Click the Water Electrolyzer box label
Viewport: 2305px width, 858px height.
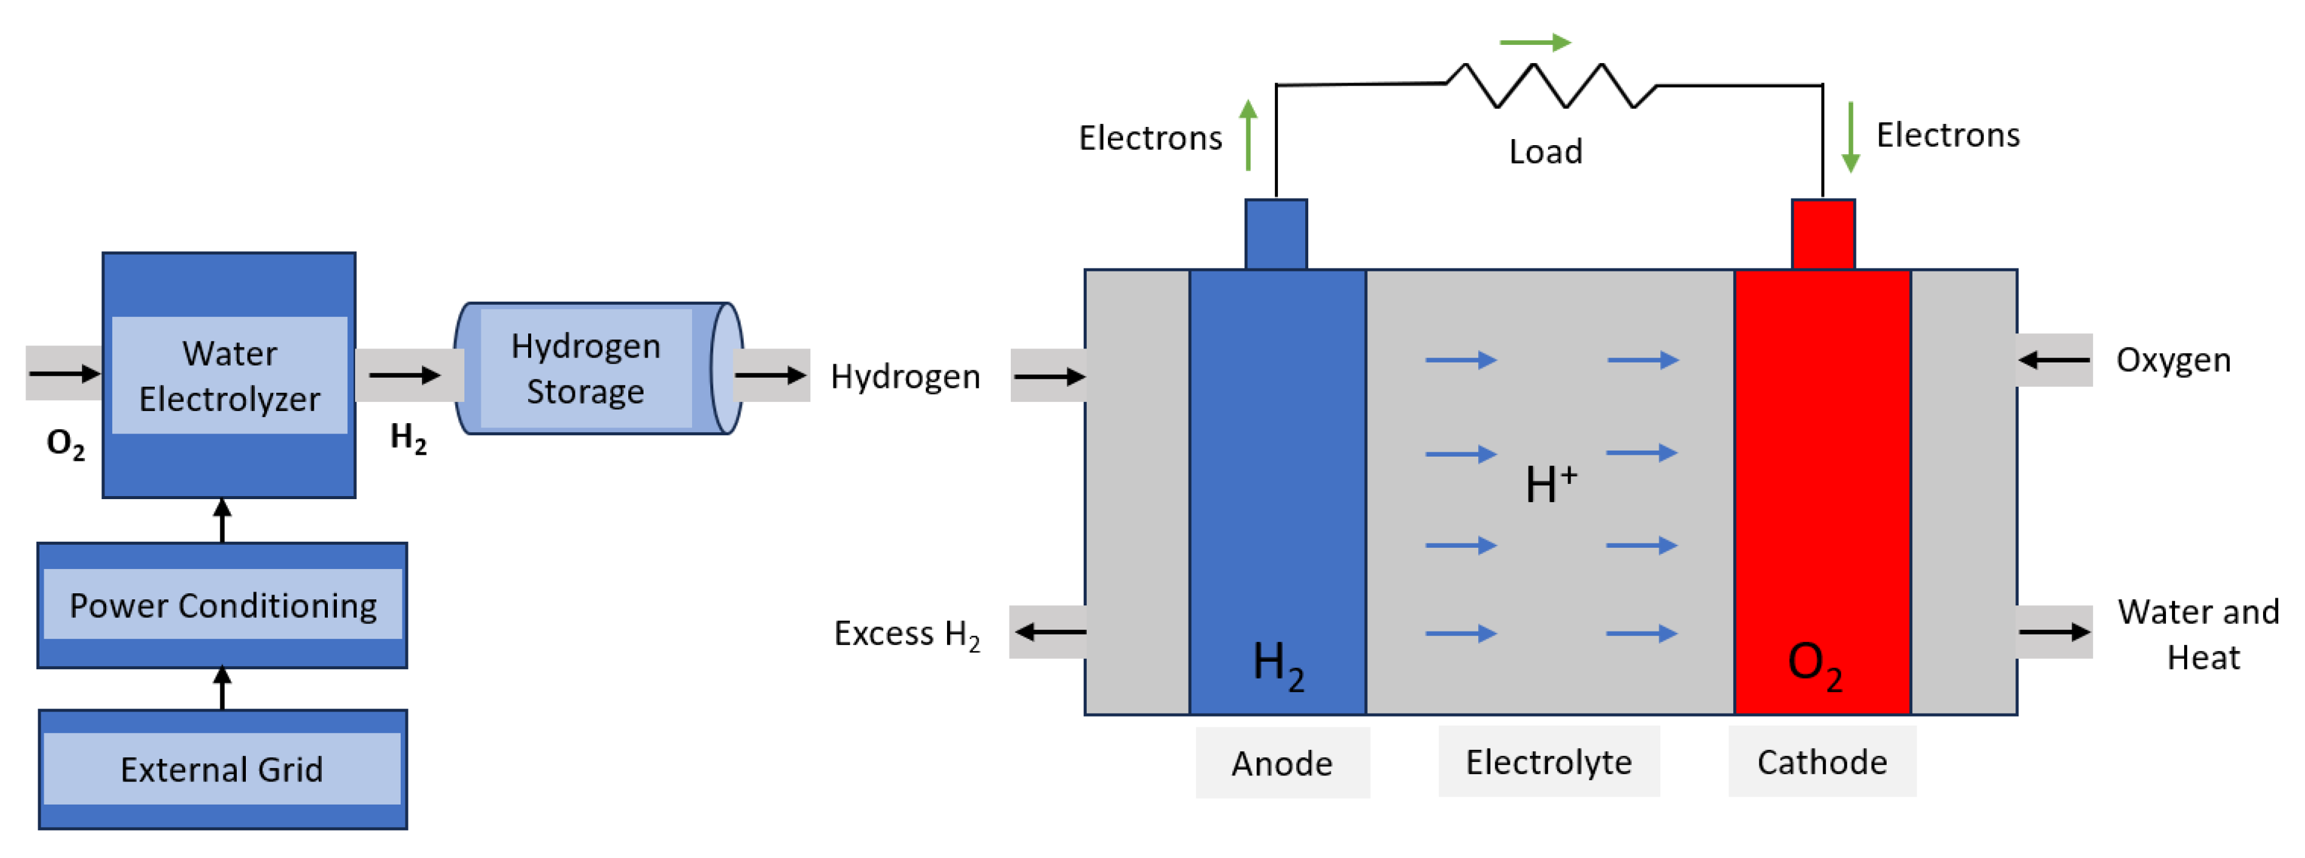click(229, 376)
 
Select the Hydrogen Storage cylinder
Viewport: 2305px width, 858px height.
click(598, 369)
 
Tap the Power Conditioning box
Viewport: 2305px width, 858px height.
click(223, 605)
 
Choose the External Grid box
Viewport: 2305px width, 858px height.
click(222, 769)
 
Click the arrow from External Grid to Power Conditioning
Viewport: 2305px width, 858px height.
click(223, 688)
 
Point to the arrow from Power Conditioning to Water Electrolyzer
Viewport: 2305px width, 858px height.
click(223, 520)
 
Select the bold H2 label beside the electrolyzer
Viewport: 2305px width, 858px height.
click(408, 438)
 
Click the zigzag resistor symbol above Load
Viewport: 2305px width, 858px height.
click(1550, 86)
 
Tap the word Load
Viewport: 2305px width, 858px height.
click(1546, 151)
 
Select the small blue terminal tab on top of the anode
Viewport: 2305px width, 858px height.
click(1276, 234)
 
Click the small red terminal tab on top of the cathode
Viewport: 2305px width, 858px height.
click(1823, 234)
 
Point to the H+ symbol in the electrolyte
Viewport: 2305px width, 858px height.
click(1550, 484)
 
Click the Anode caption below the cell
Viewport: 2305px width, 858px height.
click(1281, 763)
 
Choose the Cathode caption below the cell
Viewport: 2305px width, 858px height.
click(1822, 762)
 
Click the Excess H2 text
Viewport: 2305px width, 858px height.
click(906, 633)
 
